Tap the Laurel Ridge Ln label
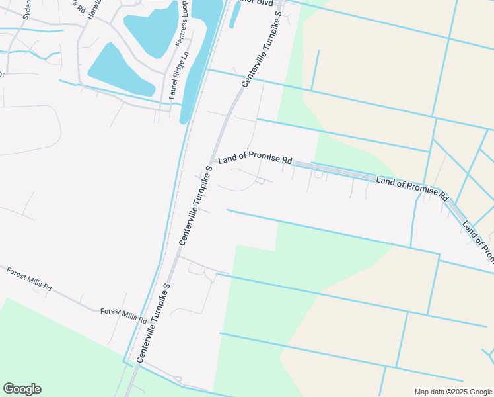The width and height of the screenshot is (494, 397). (174, 76)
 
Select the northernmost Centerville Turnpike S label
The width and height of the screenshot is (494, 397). (262, 50)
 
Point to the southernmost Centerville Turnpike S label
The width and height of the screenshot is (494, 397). (153, 322)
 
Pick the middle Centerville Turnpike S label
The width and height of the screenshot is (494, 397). (195, 205)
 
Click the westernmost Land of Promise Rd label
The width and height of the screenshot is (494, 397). (255, 159)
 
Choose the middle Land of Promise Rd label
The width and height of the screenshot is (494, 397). (412, 189)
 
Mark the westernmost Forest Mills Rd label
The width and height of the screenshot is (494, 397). (29, 279)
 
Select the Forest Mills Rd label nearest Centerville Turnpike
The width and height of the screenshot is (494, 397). (123, 314)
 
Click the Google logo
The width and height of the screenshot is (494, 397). (22, 389)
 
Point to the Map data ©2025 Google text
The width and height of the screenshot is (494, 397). (453, 392)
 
